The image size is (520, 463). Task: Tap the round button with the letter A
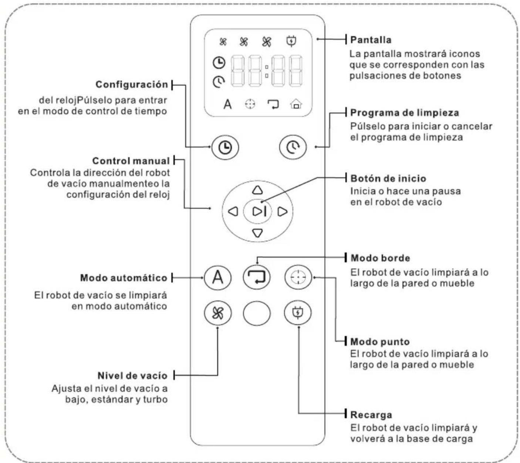click(x=217, y=277)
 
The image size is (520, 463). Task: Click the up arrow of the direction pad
click(x=257, y=190)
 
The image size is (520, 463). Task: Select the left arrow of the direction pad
click(x=233, y=212)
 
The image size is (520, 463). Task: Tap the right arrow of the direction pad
click(x=282, y=212)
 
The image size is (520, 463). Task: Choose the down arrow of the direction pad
click(x=257, y=233)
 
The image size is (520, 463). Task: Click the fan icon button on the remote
click(x=217, y=313)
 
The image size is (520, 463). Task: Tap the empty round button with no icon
click(x=257, y=313)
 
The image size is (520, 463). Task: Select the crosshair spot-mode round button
click(x=298, y=277)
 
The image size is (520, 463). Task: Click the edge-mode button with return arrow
click(x=257, y=277)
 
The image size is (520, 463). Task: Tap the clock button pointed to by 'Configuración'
click(x=225, y=148)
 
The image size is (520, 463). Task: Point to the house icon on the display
click(x=296, y=104)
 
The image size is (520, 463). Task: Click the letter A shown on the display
click(x=227, y=104)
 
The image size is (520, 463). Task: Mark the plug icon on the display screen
click(x=291, y=41)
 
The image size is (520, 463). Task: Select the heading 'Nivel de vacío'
click(x=132, y=376)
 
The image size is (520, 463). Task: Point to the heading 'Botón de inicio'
click(x=388, y=178)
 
